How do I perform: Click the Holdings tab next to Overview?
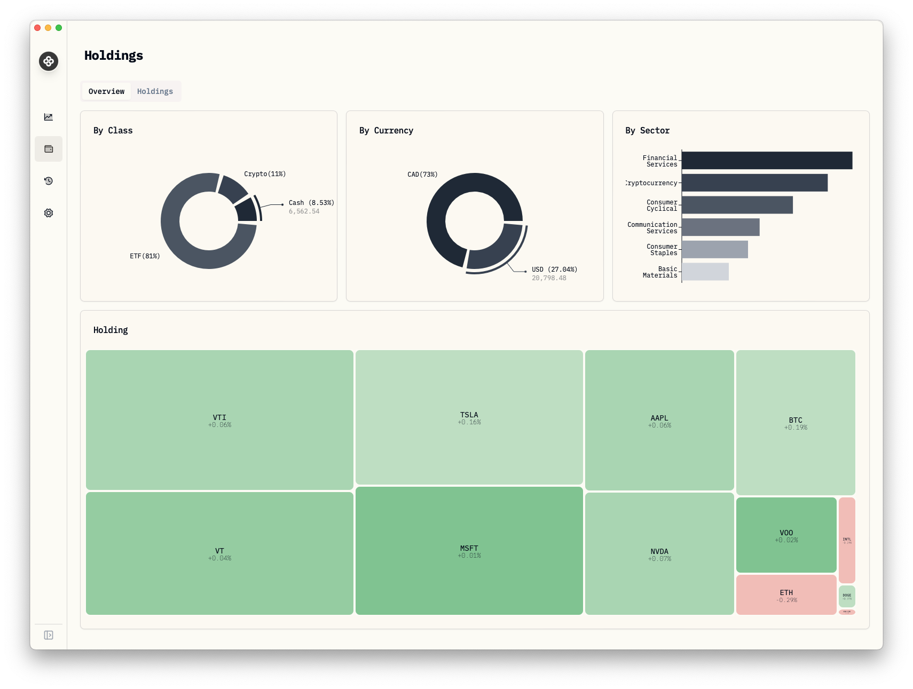click(x=155, y=91)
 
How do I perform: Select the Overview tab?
click(x=106, y=91)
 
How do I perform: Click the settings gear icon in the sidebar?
click(x=49, y=213)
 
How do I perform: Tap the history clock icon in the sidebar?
click(x=49, y=181)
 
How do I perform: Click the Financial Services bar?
click(x=767, y=161)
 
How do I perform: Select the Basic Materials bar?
click(x=705, y=272)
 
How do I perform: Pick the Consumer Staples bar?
click(x=715, y=249)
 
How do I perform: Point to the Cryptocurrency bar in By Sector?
click(x=754, y=183)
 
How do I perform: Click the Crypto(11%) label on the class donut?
click(x=265, y=174)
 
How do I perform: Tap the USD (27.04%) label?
click(x=554, y=270)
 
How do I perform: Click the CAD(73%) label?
click(x=422, y=175)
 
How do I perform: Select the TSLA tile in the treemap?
click(x=469, y=417)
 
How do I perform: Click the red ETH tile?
click(x=786, y=595)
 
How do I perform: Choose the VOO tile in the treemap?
click(x=786, y=535)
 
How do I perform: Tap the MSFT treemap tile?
click(x=469, y=551)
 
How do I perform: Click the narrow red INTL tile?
click(x=847, y=540)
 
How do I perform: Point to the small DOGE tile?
click(x=847, y=596)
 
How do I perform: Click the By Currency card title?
click(x=386, y=131)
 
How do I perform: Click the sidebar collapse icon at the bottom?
click(x=49, y=635)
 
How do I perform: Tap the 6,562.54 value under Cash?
click(x=304, y=211)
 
